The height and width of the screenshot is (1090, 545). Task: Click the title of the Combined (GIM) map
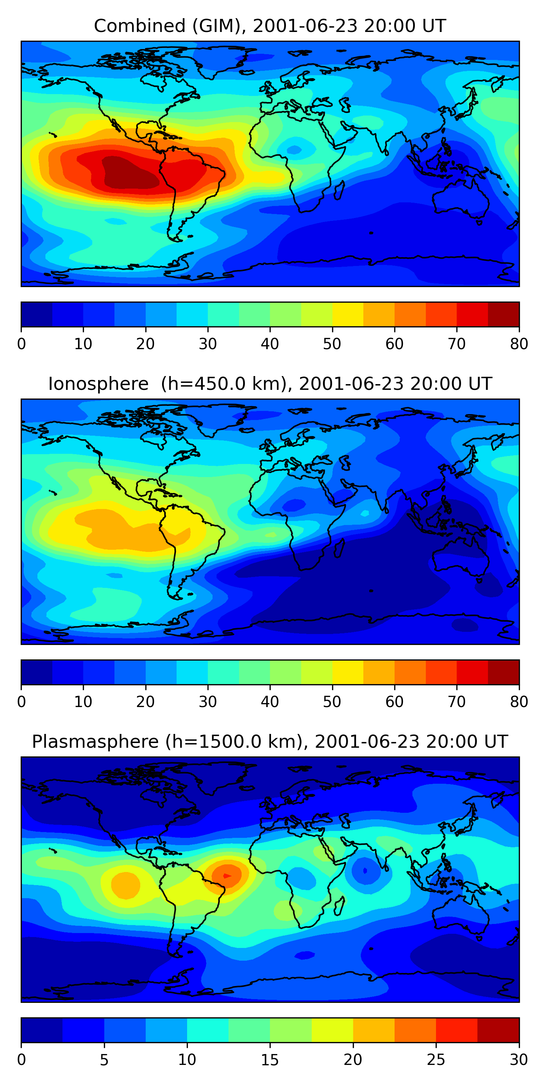click(270, 26)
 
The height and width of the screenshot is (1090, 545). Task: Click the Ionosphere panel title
click(270, 384)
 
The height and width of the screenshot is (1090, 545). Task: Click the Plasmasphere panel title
click(270, 742)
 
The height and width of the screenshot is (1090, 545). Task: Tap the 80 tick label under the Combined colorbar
click(519, 344)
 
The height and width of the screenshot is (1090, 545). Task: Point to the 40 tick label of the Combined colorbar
click(270, 344)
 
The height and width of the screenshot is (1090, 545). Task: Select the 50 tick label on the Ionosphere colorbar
click(332, 702)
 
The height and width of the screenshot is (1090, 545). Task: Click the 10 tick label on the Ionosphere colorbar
click(83, 702)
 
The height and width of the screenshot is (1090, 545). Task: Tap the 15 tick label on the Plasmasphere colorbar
click(270, 1060)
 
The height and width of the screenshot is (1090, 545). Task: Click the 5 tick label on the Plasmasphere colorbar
click(104, 1060)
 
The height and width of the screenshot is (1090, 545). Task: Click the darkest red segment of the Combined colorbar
click(504, 314)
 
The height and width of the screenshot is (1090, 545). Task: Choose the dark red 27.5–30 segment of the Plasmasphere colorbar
click(498, 1030)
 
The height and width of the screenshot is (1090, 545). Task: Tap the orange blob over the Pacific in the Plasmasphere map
click(126, 884)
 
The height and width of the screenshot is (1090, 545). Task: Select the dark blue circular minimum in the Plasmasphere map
click(365, 871)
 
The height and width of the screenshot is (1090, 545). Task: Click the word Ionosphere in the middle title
click(98, 384)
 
